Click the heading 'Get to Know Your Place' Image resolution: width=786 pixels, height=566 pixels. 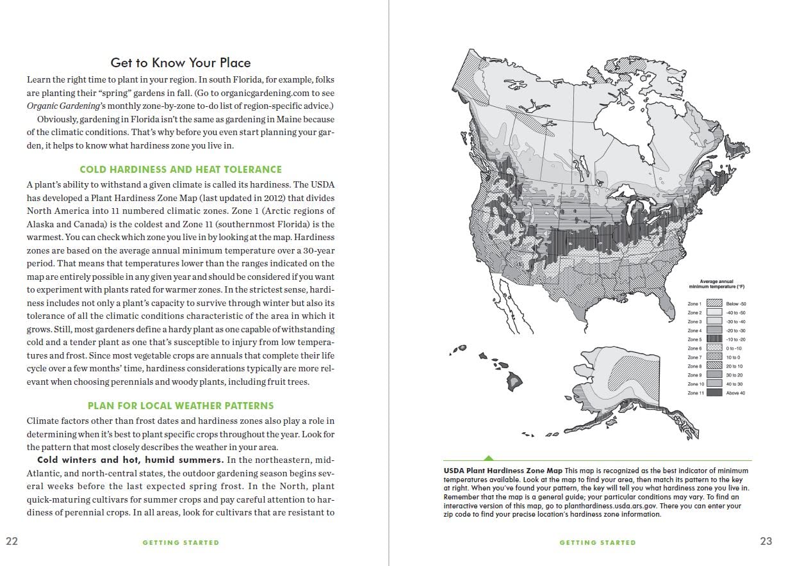pos(181,63)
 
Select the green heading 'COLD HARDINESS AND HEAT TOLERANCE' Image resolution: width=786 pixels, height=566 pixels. pos(181,170)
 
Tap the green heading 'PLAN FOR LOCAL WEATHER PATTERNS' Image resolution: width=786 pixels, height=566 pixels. pos(181,406)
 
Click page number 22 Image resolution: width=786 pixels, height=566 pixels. pos(12,541)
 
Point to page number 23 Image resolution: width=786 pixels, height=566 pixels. pos(766,541)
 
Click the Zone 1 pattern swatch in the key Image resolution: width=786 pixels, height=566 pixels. pos(714,303)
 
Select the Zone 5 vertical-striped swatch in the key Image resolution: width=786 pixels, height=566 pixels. pos(714,339)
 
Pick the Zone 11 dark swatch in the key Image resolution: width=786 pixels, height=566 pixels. pos(714,393)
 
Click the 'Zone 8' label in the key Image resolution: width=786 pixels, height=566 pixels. pos(694,366)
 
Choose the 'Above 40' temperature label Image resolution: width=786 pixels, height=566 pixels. pos(735,393)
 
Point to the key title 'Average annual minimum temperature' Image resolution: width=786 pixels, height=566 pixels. pos(717,284)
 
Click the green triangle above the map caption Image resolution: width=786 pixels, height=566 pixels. pos(489,458)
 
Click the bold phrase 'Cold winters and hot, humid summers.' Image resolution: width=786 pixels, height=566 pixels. pos(130,460)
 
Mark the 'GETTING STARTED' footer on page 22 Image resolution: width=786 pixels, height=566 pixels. pos(181,542)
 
